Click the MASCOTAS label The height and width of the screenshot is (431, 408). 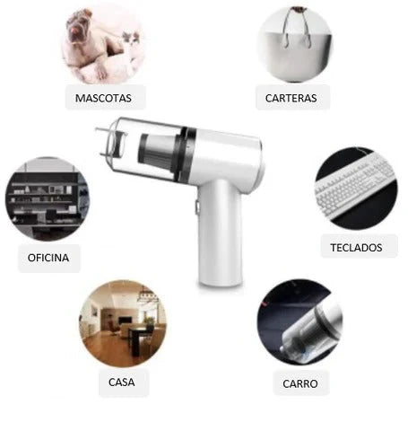tap(103, 98)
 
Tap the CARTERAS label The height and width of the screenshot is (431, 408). tap(291, 98)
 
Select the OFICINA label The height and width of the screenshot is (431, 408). tap(48, 258)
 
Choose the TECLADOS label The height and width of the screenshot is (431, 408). tap(356, 248)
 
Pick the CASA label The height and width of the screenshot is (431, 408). tap(122, 383)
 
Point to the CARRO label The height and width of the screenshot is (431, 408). tap(300, 383)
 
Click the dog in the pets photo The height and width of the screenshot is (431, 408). tap(90, 45)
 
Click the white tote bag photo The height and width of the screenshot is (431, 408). tap(295, 45)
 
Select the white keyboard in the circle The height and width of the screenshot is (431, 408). tap(356, 184)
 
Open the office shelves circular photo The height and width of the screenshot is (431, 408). tap(48, 198)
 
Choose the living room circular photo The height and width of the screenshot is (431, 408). tap(123, 323)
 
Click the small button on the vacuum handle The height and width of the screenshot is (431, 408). tap(197, 207)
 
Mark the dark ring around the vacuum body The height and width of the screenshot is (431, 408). tap(187, 155)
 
